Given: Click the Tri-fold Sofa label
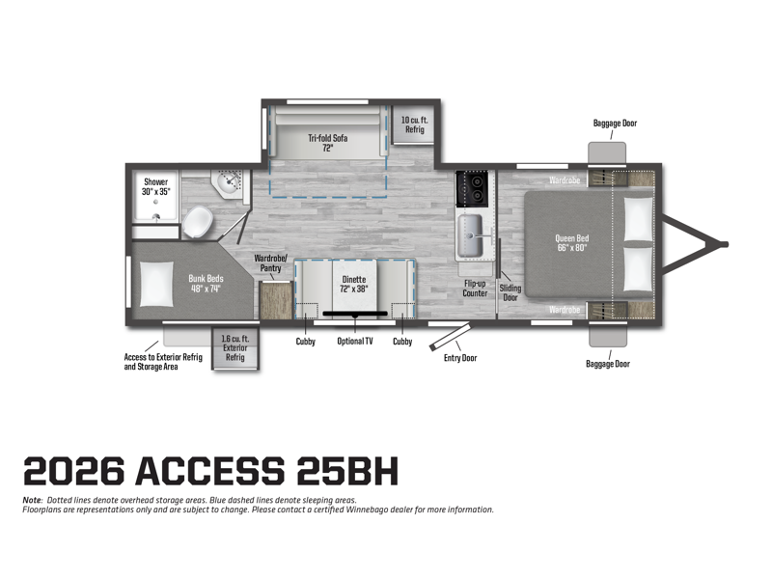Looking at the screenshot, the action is point(328,143).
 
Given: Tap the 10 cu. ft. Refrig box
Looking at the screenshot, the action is point(414,124).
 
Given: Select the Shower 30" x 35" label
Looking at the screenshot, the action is point(155,186).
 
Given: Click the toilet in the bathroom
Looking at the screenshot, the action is point(198,222).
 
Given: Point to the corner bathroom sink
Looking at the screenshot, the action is point(230,183).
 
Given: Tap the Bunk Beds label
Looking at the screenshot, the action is point(206,283).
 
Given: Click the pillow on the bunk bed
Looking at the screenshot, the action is point(156,284).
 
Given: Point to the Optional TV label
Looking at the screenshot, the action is point(355,341).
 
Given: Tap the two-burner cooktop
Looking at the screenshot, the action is point(472,188).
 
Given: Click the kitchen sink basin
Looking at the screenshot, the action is point(470,235).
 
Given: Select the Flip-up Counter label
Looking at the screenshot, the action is point(475,288).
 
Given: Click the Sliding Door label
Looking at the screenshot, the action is point(510,292).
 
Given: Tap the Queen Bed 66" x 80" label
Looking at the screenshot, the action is point(571,243).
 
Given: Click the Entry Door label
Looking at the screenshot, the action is point(460,358).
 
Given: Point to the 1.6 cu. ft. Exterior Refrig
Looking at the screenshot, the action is point(235,348).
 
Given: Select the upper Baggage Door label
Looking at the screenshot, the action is point(615,124).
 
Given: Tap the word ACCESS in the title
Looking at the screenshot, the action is point(210,471).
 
